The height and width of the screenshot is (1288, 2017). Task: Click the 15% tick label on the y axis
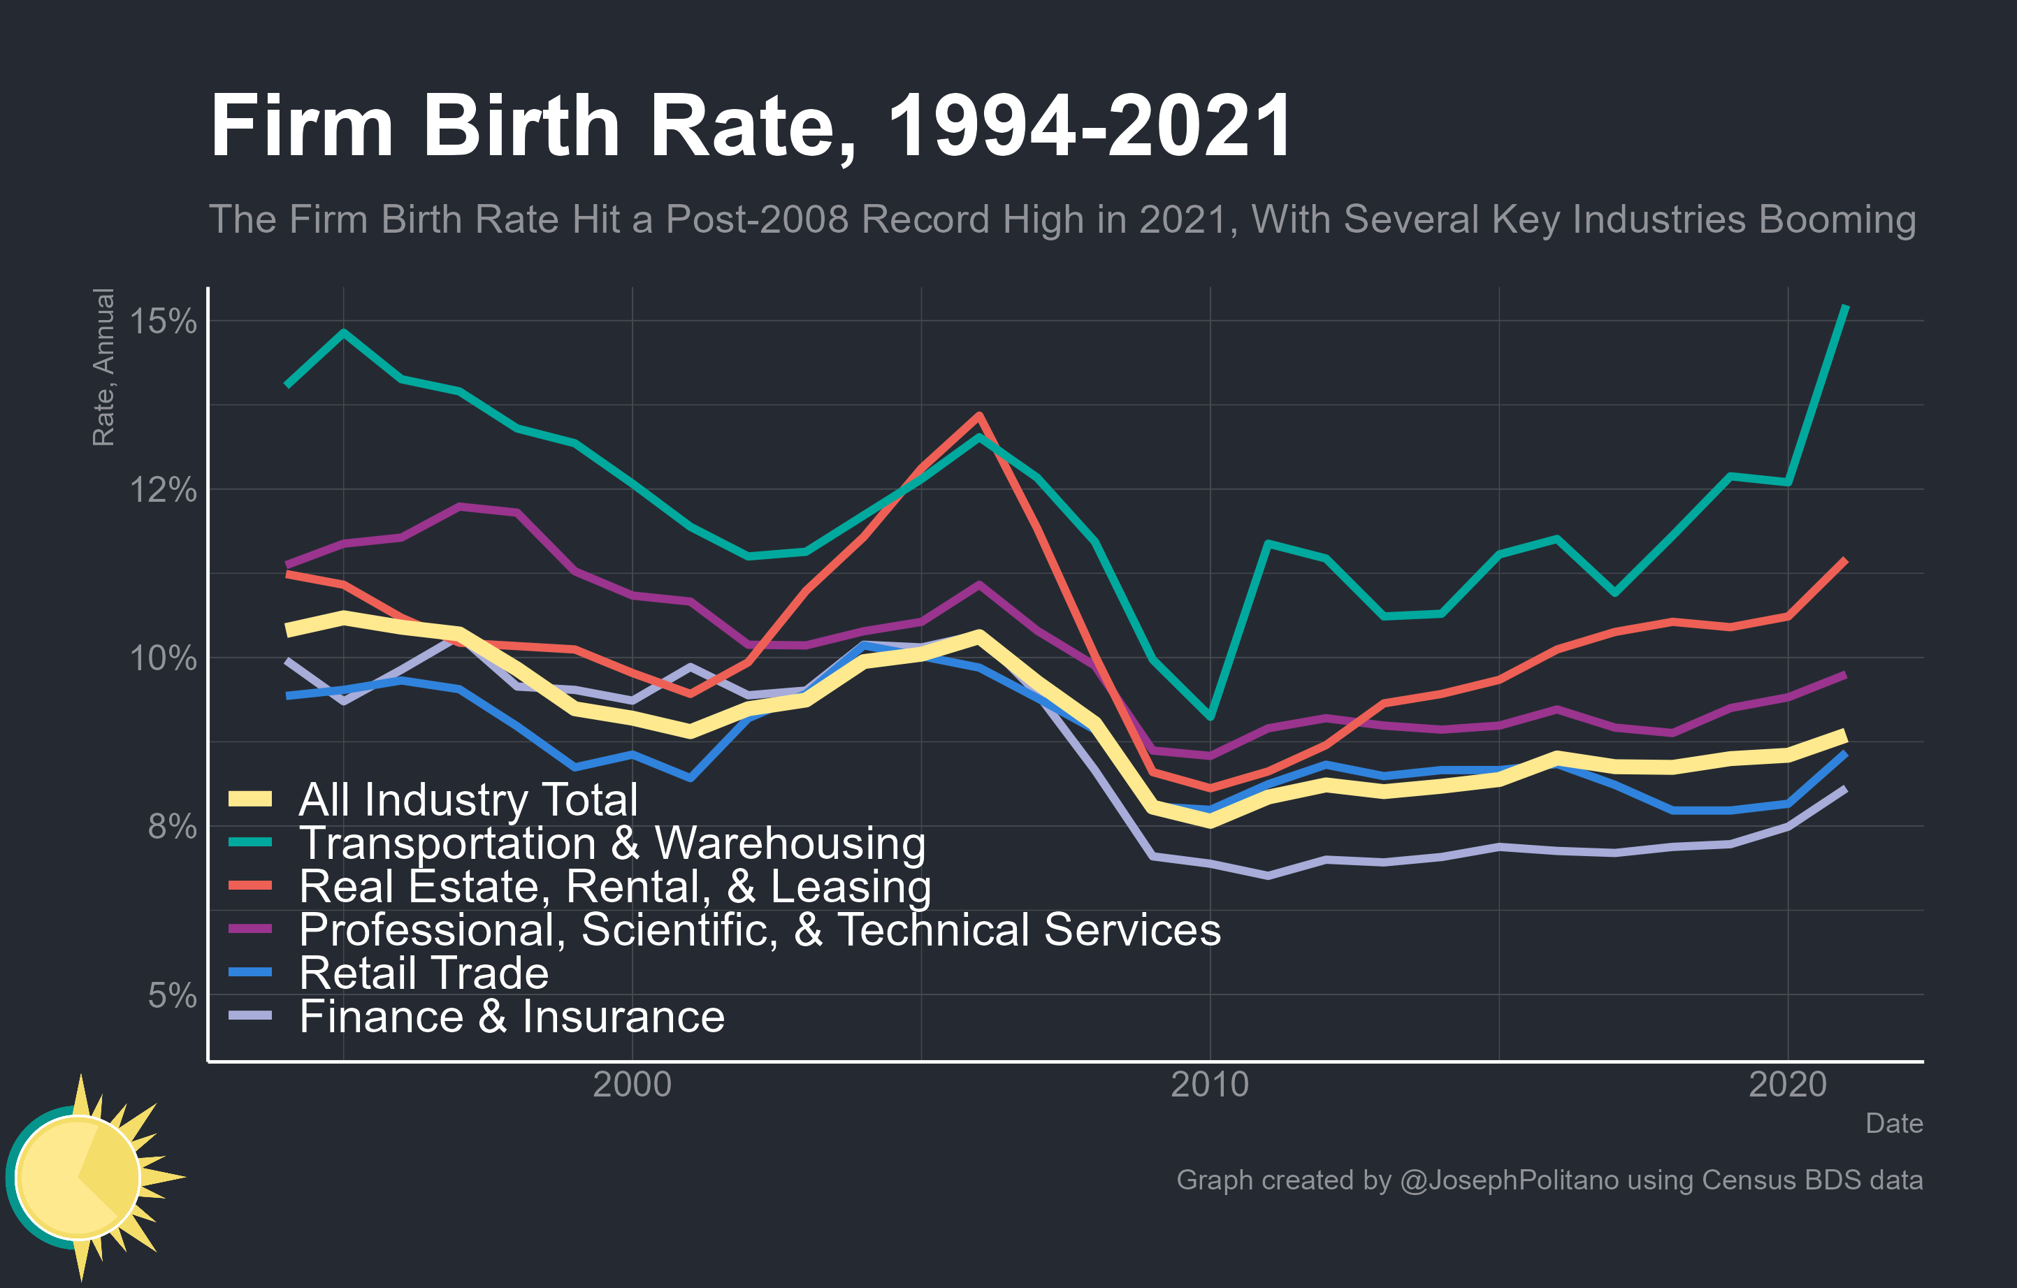[x=163, y=321]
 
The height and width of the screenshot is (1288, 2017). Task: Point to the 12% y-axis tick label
[x=163, y=490]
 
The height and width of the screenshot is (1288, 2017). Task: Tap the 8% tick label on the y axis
[x=172, y=827]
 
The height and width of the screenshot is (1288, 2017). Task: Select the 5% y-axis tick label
[x=172, y=996]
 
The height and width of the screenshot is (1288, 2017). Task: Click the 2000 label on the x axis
[x=632, y=1085]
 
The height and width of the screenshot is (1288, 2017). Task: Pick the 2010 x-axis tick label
[x=1210, y=1085]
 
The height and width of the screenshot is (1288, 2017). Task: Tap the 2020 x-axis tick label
[x=1788, y=1085]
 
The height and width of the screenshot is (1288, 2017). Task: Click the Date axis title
[x=1894, y=1124]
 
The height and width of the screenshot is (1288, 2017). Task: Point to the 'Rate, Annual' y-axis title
[x=103, y=367]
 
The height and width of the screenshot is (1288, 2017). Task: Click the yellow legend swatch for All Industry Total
[x=250, y=799]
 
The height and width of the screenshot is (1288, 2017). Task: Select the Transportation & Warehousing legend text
[x=612, y=844]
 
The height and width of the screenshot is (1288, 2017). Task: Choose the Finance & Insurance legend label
[x=512, y=1017]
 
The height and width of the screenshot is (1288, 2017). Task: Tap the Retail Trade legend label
[x=424, y=973]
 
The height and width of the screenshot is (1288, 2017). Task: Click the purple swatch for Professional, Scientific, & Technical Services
[x=250, y=929]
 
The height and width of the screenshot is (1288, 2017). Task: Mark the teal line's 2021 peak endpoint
[x=1845, y=307]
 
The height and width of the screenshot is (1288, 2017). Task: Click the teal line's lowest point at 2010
[x=1210, y=717]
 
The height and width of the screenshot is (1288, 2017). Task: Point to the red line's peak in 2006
[x=978, y=415]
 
